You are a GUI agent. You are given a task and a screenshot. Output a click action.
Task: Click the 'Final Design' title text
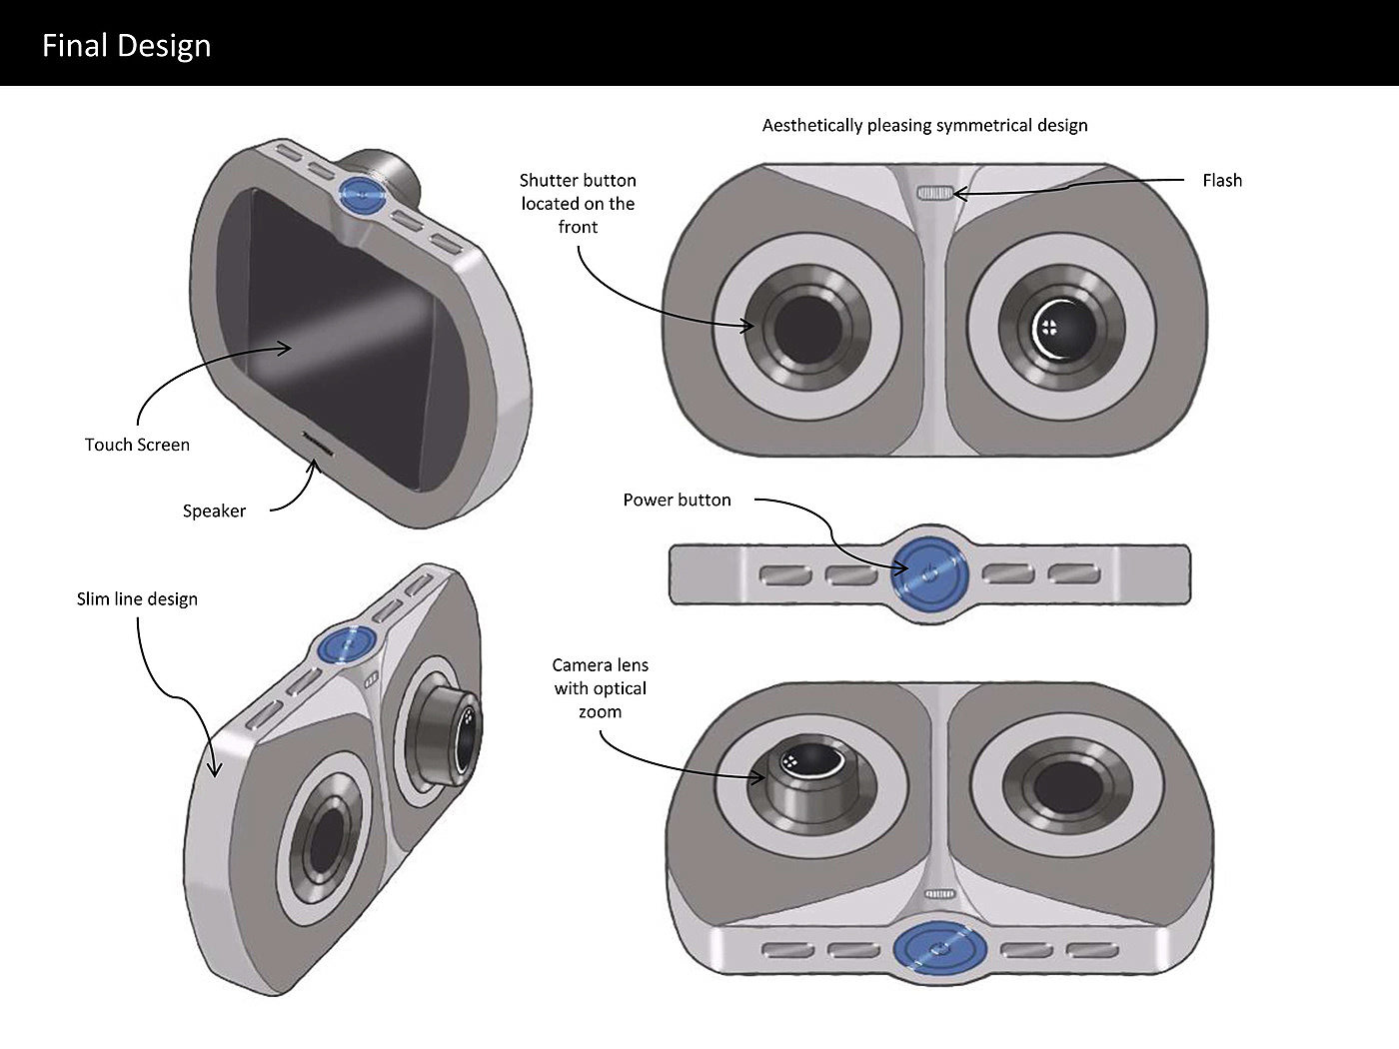coord(126,46)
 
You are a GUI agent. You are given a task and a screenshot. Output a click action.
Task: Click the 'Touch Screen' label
coord(137,445)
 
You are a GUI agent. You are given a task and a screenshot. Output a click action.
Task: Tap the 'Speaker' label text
coord(214,511)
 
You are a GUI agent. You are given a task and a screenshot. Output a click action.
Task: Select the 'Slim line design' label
coord(137,598)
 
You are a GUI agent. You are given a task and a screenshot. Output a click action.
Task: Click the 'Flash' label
coord(1221,180)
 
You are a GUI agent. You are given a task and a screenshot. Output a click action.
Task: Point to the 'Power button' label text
coord(677,500)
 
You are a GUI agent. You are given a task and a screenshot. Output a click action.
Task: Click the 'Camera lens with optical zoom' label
coord(601,688)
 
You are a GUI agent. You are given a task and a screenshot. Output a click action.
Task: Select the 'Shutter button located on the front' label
coord(578,203)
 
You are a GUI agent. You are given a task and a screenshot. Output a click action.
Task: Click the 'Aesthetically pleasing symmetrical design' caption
coord(924,125)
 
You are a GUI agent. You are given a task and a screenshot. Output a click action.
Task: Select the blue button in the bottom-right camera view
coord(939,949)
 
